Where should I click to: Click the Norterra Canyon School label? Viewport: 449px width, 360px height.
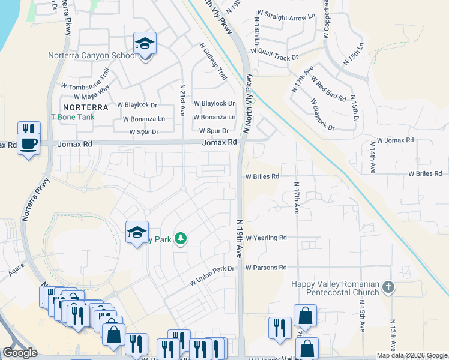tap(92, 56)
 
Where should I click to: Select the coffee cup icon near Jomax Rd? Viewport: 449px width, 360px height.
tap(28, 144)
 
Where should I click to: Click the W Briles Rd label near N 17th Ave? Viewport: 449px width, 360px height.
tap(262, 176)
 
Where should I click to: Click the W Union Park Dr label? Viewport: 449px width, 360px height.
tap(212, 275)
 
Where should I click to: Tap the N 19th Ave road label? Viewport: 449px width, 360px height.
tap(239, 238)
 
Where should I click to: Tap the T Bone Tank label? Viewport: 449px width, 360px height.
tap(72, 117)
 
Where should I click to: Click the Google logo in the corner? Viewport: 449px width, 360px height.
tap(20, 353)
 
